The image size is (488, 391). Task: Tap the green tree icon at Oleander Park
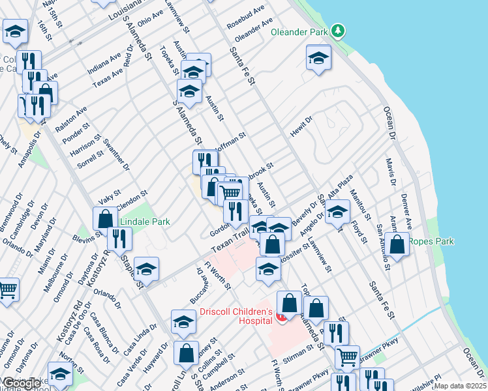337,30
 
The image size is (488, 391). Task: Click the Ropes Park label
431,241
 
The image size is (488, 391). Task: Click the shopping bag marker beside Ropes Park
397,244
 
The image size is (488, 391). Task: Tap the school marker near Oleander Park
318,58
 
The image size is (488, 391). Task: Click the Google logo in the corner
22,384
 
